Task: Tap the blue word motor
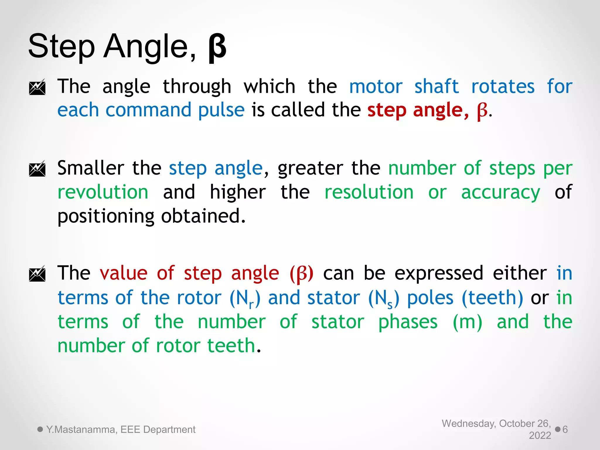[376, 87]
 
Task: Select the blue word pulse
[221, 110]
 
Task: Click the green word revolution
[103, 192]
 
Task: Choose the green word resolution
[369, 192]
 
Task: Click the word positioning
[106, 217]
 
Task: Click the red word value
[123, 273]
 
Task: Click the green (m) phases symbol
[467, 322]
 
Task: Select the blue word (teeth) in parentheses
[492, 298]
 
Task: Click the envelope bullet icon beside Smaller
[37, 169]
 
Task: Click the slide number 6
[565, 429]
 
